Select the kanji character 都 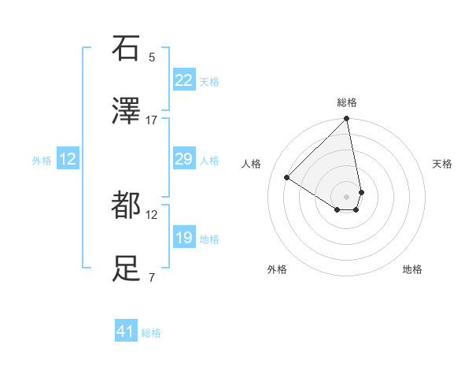[x=126, y=205]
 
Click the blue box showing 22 [x=184, y=80]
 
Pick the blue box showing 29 [x=184, y=160]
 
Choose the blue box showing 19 [x=184, y=238]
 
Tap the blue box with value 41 [x=126, y=332]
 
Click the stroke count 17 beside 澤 [x=152, y=120]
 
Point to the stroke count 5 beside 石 [x=152, y=57]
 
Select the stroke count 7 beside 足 [x=152, y=277]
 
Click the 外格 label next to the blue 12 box [x=42, y=160]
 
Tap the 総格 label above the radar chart [x=347, y=102]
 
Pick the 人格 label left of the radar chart [x=252, y=164]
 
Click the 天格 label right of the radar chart [x=443, y=164]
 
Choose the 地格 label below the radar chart [x=412, y=269]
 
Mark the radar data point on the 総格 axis [x=347, y=120]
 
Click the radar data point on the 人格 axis [x=287, y=178]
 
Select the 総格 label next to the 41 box [x=151, y=333]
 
